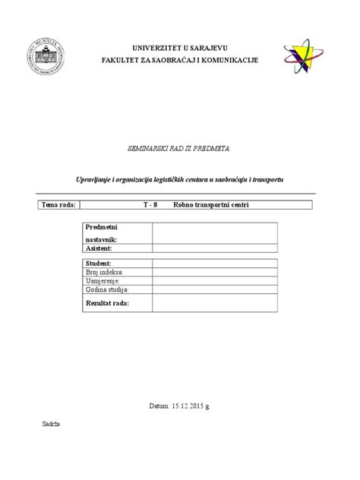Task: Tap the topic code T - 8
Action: click(x=150, y=206)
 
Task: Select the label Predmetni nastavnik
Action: click(x=101, y=233)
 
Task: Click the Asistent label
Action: click(x=99, y=248)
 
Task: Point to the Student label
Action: click(x=99, y=262)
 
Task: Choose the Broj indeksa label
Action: click(x=105, y=271)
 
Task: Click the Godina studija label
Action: click(x=107, y=289)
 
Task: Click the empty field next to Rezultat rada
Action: click(x=216, y=302)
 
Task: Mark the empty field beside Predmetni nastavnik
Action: click(x=216, y=233)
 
